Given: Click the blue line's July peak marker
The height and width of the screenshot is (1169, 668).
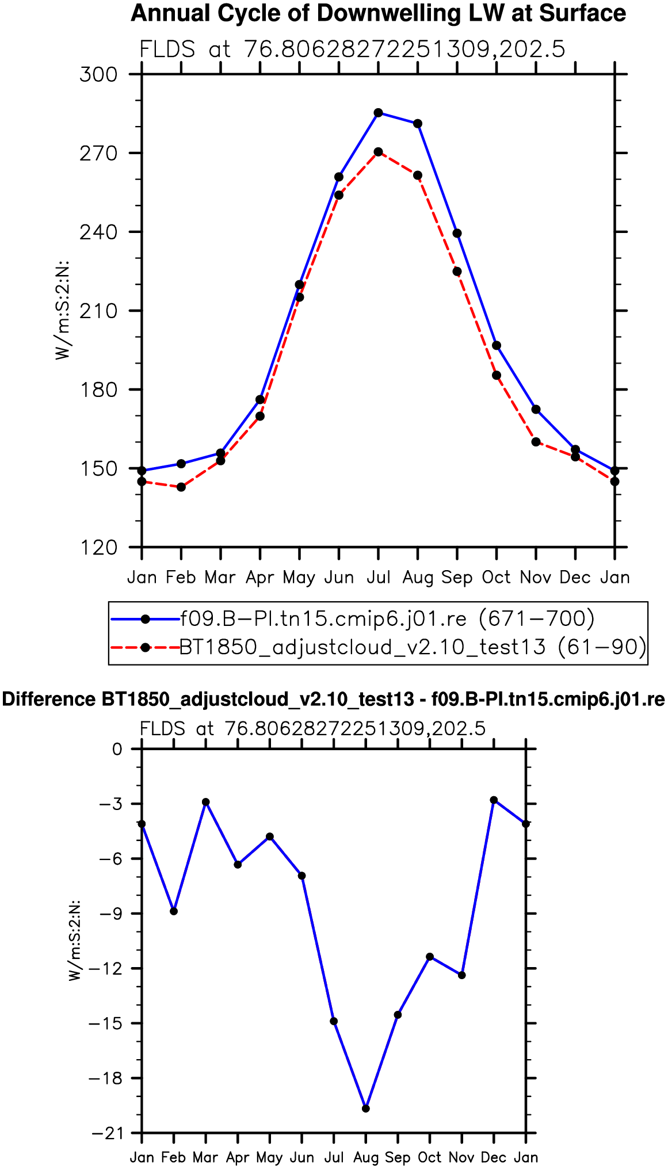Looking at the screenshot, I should coord(378,113).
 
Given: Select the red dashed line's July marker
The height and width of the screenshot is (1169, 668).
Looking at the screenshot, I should coord(378,152).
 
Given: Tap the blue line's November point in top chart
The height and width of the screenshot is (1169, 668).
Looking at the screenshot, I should coord(536,410).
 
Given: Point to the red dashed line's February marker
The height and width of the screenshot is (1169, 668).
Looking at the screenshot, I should coord(181,487).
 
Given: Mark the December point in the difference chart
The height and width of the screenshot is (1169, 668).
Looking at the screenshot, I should coord(494,800).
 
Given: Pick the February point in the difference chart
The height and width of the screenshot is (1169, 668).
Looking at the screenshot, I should coord(174,911).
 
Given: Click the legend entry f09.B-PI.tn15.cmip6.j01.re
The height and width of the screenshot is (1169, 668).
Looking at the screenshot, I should coord(387,619).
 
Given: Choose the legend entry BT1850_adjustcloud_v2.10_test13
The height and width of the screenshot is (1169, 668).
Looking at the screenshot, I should coord(412,647).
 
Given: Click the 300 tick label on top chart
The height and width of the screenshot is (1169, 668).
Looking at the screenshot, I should coord(98,75).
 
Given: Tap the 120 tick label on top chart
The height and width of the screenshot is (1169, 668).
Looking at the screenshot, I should coord(98,548).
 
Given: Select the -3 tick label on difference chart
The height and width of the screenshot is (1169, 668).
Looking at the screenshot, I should coord(110,804).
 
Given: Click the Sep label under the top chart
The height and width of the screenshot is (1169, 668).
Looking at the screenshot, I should coord(457,578).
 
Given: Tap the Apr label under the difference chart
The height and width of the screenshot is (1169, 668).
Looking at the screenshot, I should coord(238,1157).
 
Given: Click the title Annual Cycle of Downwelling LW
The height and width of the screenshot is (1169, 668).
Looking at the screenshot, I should coord(378,13).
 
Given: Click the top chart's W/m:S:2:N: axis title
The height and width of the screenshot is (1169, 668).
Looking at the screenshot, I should coord(62,310).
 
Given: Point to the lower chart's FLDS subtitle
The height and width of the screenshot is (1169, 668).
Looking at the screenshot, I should coord(312,729).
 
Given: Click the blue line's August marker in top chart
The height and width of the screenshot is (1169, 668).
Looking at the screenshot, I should coord(418,124).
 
